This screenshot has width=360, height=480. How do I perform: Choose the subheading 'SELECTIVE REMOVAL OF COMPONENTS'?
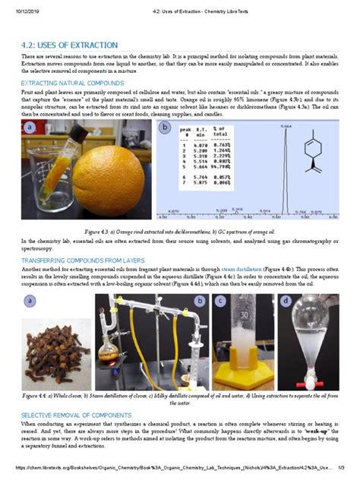pos(76,415)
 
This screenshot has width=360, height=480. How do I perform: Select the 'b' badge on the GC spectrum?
pos(165,128)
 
